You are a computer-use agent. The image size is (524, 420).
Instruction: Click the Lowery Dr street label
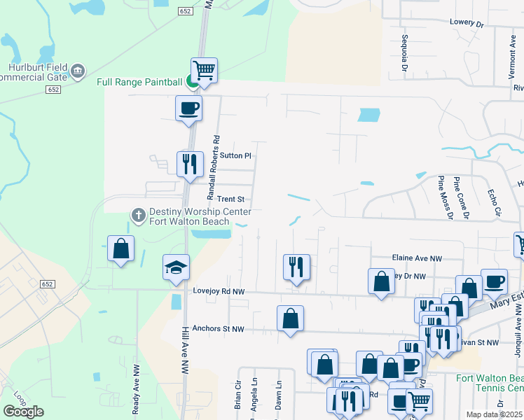tap(467, 23)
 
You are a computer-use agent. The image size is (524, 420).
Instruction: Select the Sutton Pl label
tap(235, 155)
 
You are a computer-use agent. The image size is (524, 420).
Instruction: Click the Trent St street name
tap(230, 199)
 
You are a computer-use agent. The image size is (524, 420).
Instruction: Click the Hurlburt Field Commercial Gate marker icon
tap(78, 70)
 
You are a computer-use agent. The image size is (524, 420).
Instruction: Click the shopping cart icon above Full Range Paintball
tap(204, 69)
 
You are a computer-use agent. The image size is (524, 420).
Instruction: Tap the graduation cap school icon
tap(177, 267)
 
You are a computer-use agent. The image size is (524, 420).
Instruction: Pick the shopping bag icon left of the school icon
tap(120, 248)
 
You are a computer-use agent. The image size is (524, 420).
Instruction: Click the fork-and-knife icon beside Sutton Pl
tap(190, 164)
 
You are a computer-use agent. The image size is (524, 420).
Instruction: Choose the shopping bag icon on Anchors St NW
tap(290, 318)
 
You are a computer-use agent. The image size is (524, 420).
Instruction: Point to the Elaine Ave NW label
tap(418, 258)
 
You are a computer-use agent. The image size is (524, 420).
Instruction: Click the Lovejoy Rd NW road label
tap(219, 290)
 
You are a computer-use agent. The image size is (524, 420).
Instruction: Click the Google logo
tap(23, 411)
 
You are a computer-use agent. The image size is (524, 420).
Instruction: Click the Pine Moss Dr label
tap(442, 197)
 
